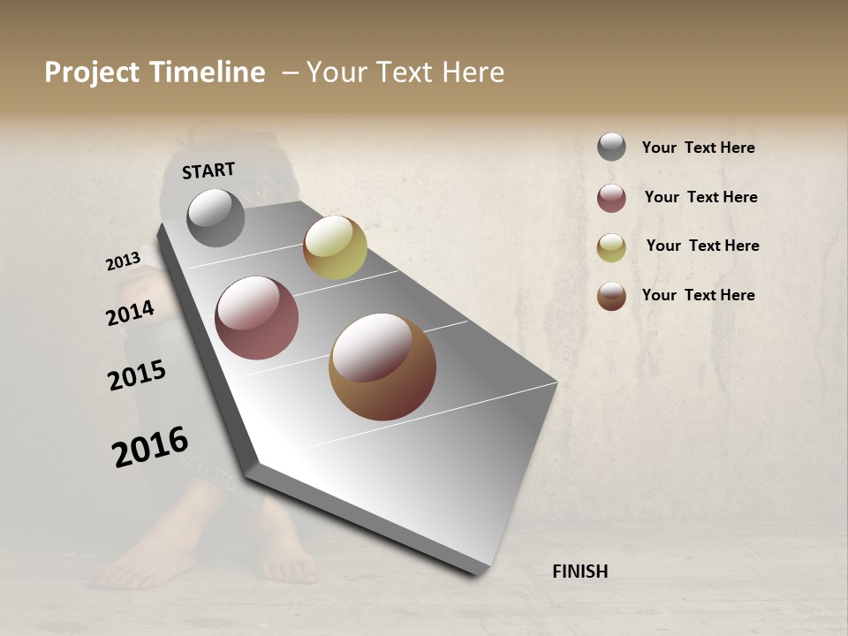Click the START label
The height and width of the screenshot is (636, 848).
208,170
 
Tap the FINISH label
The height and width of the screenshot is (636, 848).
579,572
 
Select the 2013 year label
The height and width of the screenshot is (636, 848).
124,261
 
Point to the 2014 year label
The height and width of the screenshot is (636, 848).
130,314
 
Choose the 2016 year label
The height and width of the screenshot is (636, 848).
150,447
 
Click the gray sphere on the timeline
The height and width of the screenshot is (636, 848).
216,217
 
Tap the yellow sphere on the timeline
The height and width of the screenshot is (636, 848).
335,247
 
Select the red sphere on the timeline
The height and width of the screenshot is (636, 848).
256,318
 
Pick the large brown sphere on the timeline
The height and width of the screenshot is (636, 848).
382,367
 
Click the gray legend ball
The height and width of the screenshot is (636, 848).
611,148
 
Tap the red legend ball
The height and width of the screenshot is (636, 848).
611,198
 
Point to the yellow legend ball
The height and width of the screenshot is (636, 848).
611,247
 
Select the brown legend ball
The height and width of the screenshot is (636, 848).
611,296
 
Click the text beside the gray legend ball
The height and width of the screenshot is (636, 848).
698,148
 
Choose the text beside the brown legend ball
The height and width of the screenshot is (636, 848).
698,295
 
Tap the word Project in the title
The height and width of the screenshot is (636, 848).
93,72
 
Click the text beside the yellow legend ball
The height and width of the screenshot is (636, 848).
702,246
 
